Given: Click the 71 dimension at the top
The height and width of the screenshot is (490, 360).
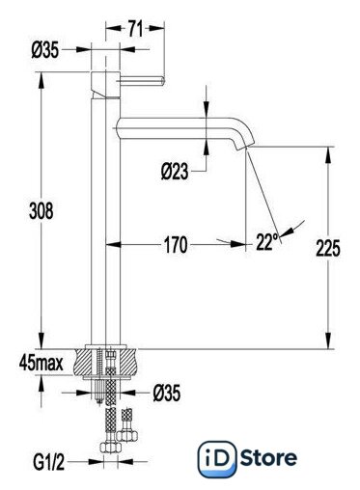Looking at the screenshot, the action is point(135,29).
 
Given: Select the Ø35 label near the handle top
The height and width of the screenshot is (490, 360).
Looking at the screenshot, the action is point(45,50).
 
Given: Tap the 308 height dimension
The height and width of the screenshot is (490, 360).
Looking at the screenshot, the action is point(42,211).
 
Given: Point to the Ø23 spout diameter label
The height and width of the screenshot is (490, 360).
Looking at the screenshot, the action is point(175,171).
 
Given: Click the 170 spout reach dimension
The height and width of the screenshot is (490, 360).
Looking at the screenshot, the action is point(176,245).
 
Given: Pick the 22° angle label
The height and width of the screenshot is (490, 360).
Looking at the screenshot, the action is point(267,241).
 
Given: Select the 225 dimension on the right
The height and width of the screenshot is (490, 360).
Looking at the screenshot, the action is point(328,248).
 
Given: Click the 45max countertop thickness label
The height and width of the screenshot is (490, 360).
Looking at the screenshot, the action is point(42,364).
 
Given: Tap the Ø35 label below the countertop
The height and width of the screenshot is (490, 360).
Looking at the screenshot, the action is point(167,393).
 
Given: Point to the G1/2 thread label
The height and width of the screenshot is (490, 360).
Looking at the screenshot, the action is point(48,462).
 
